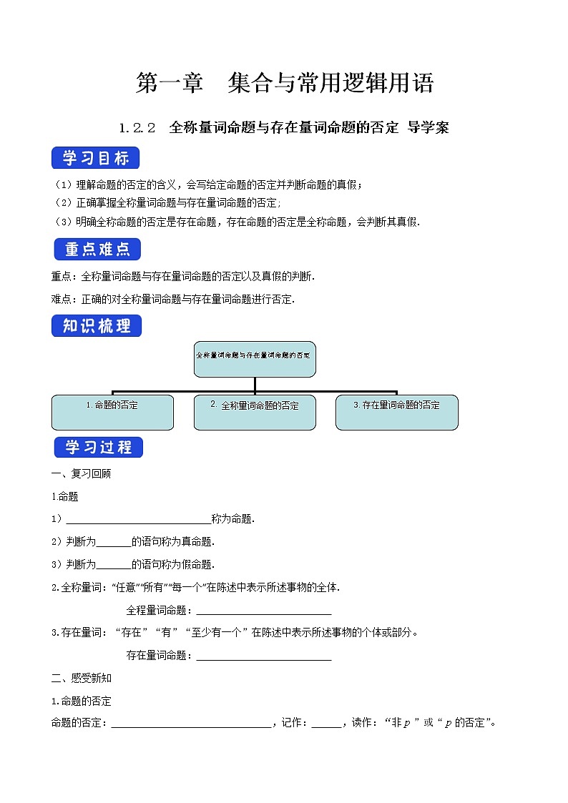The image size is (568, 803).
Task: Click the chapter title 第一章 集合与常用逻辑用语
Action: [284, 84]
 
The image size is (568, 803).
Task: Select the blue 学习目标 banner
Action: [96, 158]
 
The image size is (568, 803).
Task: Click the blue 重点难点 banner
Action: [97, 250]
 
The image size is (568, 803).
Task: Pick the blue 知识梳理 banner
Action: [97, 326]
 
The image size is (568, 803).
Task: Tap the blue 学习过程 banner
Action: [98, 448]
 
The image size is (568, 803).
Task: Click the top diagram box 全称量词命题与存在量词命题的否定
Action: [255, 359]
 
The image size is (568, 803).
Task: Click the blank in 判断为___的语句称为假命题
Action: [113, 566]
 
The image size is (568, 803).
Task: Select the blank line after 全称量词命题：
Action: [263, 611]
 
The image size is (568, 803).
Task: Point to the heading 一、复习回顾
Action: [81, 473]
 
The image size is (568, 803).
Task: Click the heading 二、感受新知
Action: [81, 678]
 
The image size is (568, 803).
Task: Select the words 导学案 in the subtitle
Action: [428, 129]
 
